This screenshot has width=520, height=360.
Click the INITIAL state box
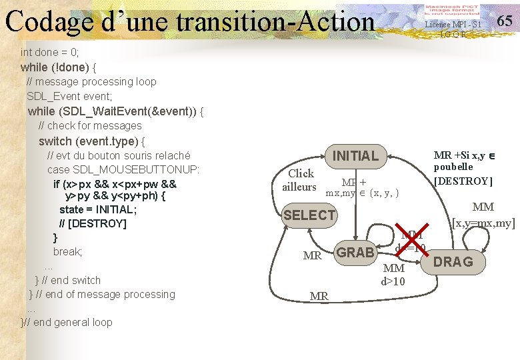pos(355,156)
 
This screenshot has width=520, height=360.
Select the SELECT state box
pos(309,215)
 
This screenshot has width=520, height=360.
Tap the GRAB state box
pos(355,253)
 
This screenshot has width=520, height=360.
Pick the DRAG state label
pos(453,262)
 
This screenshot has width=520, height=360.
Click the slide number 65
pos(505,21)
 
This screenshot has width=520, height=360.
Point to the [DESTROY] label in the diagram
pos(463,181)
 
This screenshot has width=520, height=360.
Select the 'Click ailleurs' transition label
pos(299,180)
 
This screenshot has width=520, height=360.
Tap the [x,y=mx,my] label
pos(483,223)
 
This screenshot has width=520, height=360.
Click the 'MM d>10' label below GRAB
pos(393,275)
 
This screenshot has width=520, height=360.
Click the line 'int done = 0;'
pos(50,52)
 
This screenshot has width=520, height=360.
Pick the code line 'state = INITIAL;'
pos(98,209)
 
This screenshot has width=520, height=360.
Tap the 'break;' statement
pos(67,251)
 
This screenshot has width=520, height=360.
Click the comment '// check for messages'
pos(90,125)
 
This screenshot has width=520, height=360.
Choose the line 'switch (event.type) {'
pos(92,141)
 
